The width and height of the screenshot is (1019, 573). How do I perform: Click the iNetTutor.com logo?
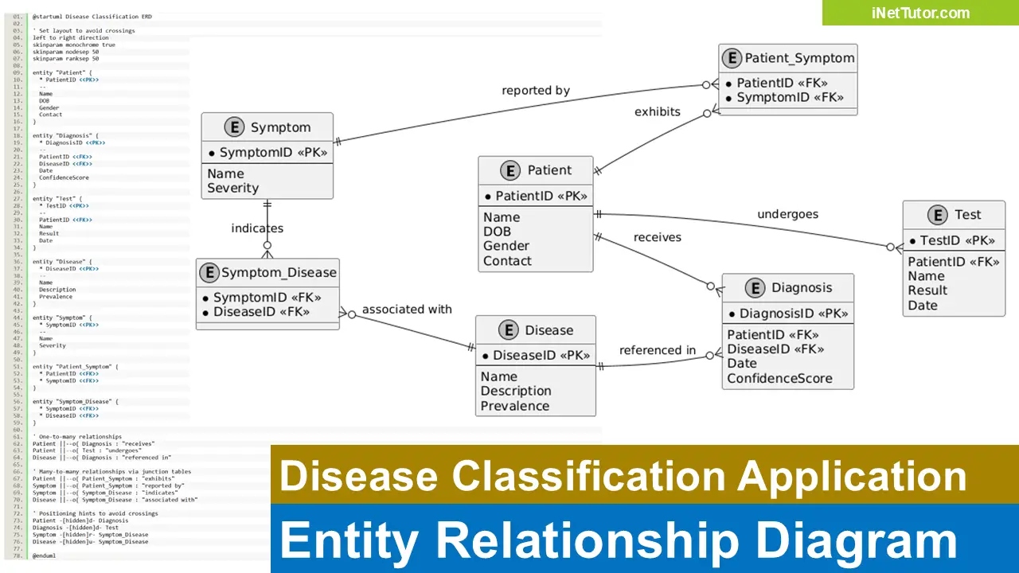click(x=920, y=13)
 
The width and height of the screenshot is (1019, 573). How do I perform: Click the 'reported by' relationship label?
click(x=535, y=91)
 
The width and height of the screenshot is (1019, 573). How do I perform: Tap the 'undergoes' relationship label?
click(x=787, y=214)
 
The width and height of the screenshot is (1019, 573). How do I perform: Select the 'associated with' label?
click(x=406, y=310)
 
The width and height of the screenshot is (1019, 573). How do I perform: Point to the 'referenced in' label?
click(x=657, y=350)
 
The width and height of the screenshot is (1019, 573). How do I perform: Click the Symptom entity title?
click(x=280, y=127)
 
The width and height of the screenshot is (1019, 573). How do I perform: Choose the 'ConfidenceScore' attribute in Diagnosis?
click(x=779, y=378)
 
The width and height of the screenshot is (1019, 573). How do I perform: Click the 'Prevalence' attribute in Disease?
click(x=514, y=406)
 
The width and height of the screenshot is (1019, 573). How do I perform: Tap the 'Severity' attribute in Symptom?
click(x=232, y=188)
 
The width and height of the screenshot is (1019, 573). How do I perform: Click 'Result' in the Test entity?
click(x=927, y=290)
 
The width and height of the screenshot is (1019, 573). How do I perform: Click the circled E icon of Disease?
click(x=508, y=330)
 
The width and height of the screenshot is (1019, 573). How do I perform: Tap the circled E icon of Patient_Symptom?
click(x=731, y=58)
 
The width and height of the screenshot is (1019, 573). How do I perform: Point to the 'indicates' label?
click(x=257, y=228)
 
